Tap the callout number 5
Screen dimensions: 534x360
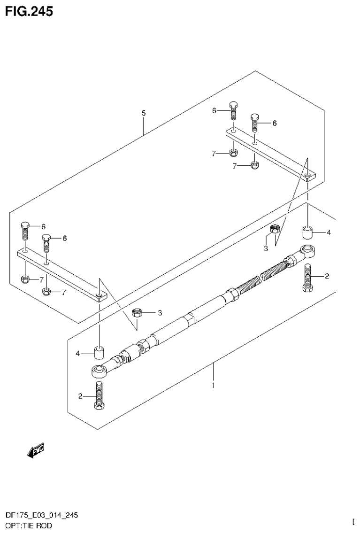click(144, 113)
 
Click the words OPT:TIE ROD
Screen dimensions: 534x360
click(29, 525)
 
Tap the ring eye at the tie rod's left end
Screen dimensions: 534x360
click(99, 371)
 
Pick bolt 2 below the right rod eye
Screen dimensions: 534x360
click(308, 278)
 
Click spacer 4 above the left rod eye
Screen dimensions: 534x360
click(99, 352)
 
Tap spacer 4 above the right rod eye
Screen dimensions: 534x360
click(307, 233)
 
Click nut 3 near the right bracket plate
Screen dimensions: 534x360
click(276, 230)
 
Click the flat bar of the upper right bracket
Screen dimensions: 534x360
click(270, 153)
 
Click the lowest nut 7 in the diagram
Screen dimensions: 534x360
click(46, 292)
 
